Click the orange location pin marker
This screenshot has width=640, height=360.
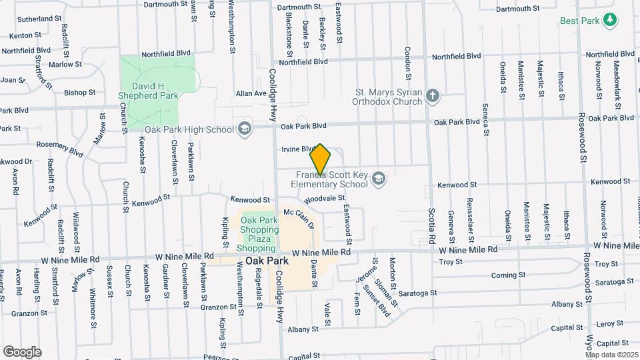(321, 160)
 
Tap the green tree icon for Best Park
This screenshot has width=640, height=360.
(609, 21)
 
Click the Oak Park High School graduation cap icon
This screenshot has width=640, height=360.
(245, 128)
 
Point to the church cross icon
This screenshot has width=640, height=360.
(433, 96)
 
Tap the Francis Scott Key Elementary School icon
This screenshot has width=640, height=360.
(379, 179)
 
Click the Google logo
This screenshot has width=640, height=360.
(22, 351)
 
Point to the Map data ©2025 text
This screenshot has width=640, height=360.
(611, 355)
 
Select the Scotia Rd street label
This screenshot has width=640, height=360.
(432, 227)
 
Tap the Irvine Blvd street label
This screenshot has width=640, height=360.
(298, 149)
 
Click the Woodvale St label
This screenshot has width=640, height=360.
(323, 198)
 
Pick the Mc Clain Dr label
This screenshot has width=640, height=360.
(299, 217)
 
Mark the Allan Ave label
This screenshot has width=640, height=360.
(251, 94)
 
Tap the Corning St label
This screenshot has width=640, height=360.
(504, 275)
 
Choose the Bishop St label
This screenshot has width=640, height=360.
(81, 93)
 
